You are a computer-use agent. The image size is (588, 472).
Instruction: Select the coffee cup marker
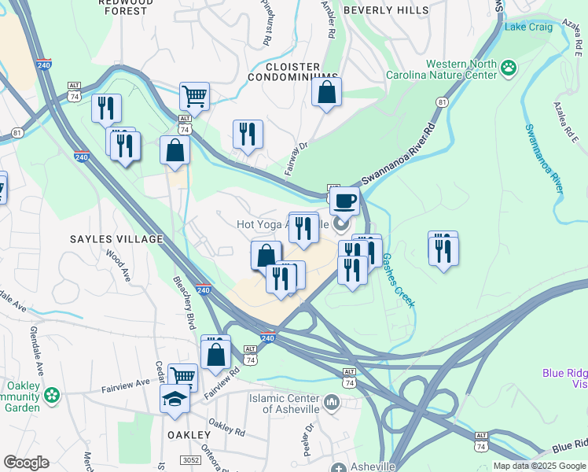344,201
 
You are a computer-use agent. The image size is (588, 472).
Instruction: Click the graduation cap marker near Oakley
175,399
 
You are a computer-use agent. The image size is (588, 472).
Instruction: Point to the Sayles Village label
116,238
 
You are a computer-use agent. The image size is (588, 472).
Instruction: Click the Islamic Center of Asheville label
285,404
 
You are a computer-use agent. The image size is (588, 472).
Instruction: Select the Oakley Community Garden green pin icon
53,394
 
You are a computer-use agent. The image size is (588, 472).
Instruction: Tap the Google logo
26,463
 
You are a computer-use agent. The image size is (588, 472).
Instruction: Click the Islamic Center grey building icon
331,404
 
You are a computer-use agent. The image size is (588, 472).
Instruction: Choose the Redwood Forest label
123,7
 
